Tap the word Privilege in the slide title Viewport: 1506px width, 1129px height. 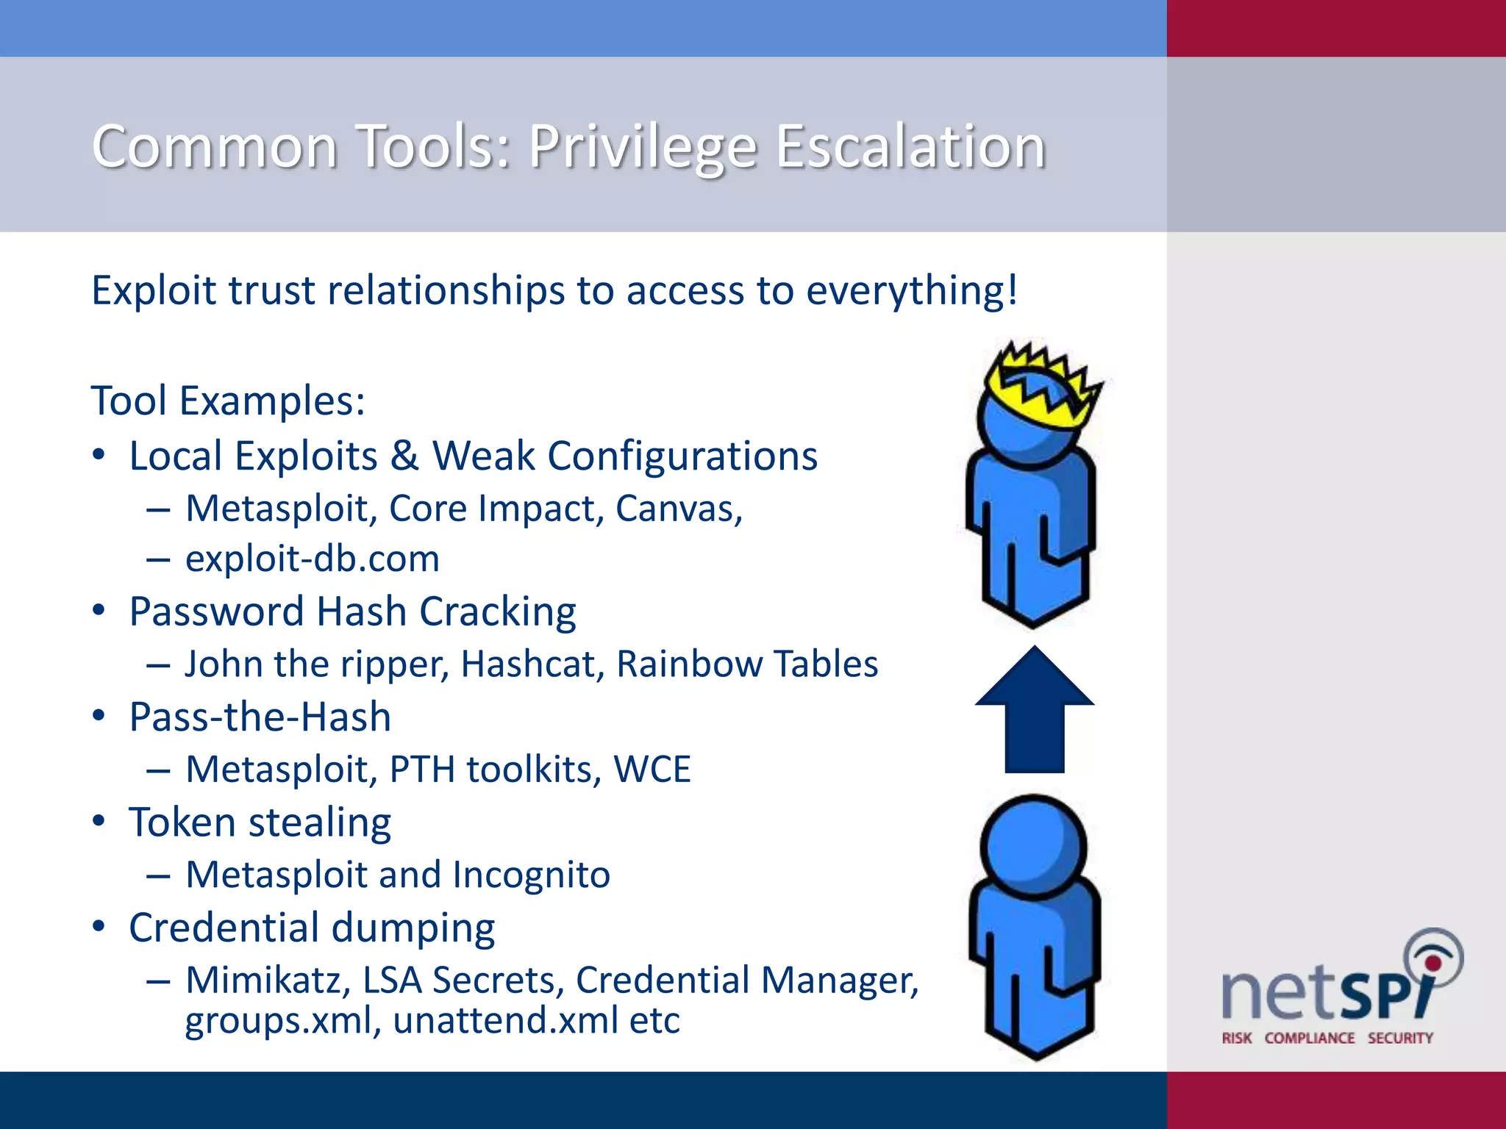tap(643, 147)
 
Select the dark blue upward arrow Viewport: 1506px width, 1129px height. tap(1035, 709)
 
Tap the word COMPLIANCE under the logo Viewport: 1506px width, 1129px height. tap(1309, 1038)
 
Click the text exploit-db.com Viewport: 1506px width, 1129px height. tap(313, 559)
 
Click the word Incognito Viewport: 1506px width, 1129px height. tap(531, 875)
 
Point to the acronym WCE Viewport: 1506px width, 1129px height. tap(652, 769)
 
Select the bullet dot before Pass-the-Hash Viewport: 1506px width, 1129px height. tap(99, 715)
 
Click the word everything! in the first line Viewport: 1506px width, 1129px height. tap(912, 290)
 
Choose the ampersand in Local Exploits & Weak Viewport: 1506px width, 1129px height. tap(404, 456)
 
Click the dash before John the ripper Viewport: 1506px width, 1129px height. tap(158, 665)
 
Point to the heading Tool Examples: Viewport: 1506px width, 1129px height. tap(228, 401)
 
